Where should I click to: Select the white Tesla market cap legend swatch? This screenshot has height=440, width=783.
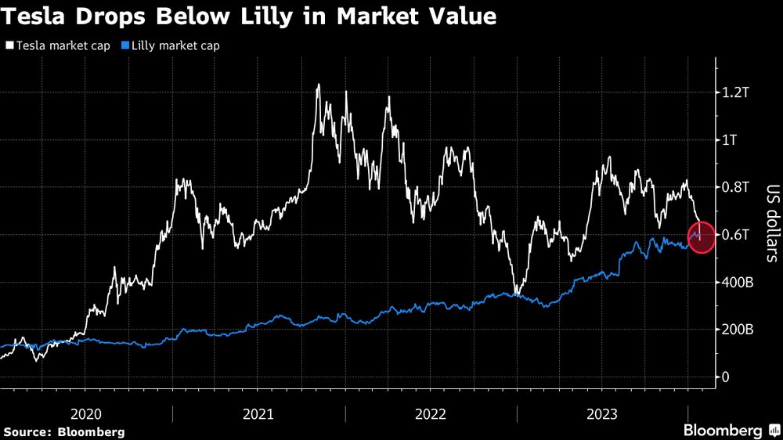9,45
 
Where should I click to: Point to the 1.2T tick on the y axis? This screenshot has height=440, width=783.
737,92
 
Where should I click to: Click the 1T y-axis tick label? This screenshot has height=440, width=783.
731,140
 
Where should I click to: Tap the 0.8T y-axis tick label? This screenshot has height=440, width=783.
737,187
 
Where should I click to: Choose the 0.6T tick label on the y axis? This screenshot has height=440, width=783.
737,235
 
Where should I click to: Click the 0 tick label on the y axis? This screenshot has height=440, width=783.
726,377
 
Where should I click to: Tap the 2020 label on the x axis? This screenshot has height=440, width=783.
87,413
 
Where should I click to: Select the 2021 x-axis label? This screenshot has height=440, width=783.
259,413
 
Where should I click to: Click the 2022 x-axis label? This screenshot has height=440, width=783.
431,413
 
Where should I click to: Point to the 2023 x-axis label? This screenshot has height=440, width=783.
602,413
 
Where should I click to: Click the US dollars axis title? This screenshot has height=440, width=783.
771,223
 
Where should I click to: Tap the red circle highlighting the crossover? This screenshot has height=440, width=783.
701,237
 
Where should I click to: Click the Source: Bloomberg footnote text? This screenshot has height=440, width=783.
64,431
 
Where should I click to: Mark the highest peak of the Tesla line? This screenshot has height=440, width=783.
317,85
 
